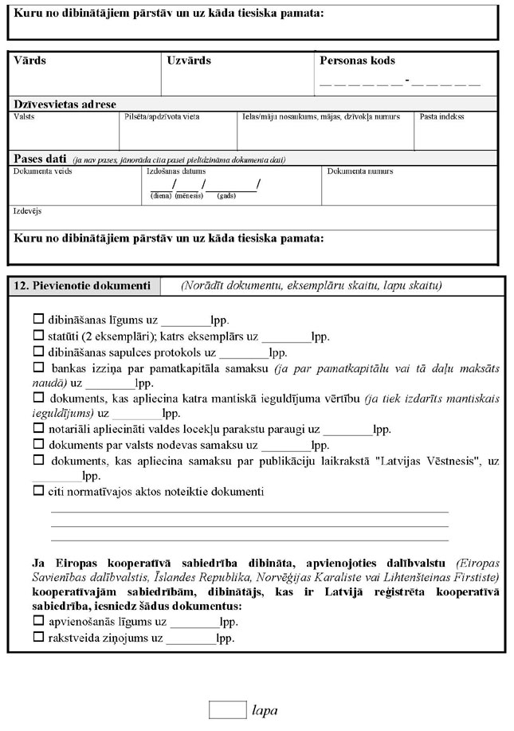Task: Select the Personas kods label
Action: coord(357,61)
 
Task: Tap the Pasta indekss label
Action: coord(442,116)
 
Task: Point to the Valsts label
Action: coord(24,116)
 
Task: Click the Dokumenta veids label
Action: coord(37,171)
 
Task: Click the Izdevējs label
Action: coord(28,212)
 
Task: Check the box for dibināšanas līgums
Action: coord(38,319)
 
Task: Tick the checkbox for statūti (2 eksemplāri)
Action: coord(38,336)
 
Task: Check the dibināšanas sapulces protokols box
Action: coord(38,352)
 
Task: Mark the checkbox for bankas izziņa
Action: coord(38,367)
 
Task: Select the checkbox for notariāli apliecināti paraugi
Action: coord(38,428)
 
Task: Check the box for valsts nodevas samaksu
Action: coord(38,444)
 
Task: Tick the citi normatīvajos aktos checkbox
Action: coord(38,491)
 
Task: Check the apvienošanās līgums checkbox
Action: coord(38,622)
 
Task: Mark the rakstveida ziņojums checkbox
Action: coord(38,638)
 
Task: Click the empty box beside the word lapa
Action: coord(228,709)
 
